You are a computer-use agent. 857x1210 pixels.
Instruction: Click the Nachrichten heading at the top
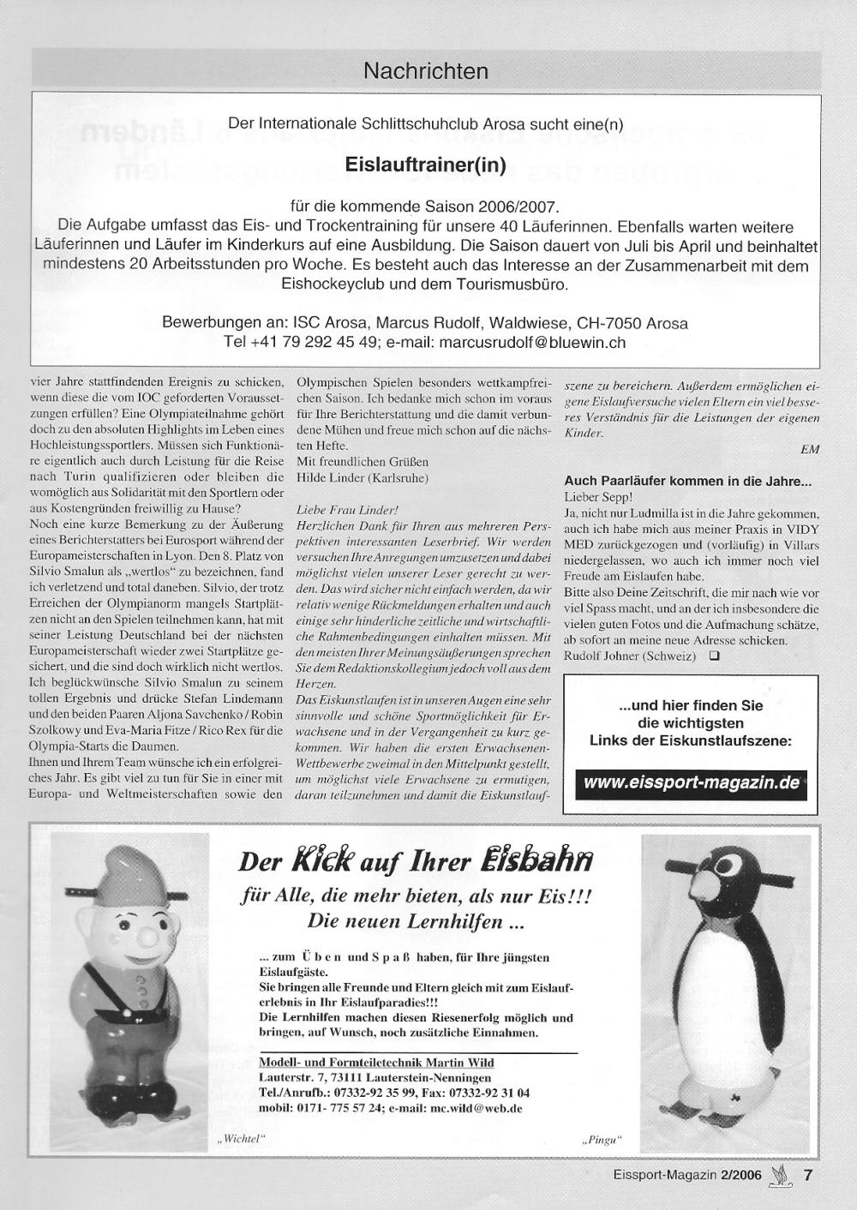[x=426, y=70]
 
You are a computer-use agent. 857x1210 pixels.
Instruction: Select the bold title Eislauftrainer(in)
[x=426, y=164]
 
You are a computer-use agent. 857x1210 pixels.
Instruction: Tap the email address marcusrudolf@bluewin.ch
[x=532, y=342]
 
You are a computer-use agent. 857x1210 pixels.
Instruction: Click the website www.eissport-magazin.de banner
[x=692, y=782]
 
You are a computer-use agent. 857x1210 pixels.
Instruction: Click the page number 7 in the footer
[x=807, y=1175]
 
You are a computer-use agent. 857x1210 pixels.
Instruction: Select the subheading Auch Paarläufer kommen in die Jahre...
[x=687, y=482]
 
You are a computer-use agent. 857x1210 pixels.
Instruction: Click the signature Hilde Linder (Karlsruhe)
[x=362, y=477]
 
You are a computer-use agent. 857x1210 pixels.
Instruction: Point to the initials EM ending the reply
[x=809, y=449]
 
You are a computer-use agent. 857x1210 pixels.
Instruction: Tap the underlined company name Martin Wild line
[x=376, y=1062]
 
